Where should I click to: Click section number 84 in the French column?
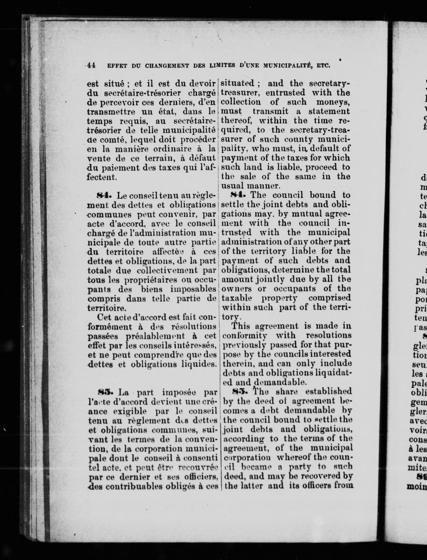[103, 196]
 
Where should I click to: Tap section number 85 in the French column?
[103, 392]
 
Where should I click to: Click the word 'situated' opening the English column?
[237, 83]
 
